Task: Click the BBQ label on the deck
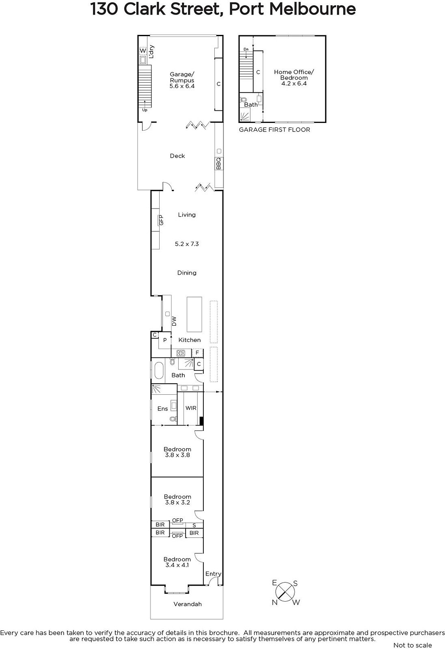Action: click(x=218, y=163)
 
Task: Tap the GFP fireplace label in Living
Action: click(x=161, y=220)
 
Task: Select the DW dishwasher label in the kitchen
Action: click(x=174, y=321)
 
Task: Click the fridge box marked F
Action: click(x=197, y=352)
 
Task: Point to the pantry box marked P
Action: click(x=165, y=340)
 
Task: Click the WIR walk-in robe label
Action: click(x=191, y=408)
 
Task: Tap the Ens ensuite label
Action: click(x=162, y=408)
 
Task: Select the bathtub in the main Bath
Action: click(x=159, y=371)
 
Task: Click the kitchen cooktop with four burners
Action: click(x=181, y=353)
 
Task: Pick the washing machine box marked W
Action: click(x=143, y=51)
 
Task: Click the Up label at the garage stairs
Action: click(x=145, y=110)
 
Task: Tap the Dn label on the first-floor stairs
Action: click(x=246, y=49)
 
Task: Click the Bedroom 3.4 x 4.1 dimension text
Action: click(x=177, y=565)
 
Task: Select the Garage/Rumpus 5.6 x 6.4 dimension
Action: click(x=182, y=86)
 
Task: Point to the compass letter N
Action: click(x=275, y=603)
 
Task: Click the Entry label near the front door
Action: click(x=213, y=574)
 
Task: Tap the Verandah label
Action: click(x=188, y=604)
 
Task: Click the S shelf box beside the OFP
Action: click(x=194, y=525)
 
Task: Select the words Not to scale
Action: click(x=413, y=645)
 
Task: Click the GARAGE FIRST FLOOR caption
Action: click(x=274, y=129)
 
